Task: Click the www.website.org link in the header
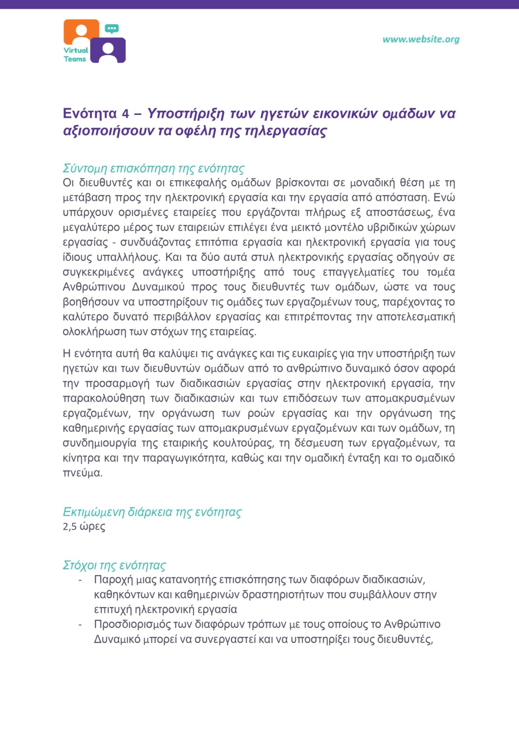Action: (x=421, y=39)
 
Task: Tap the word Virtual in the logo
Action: (x=76, y=50)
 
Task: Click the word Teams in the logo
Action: (x=75, y=59)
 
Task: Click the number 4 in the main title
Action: (x=125, y=114)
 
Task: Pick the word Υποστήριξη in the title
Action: (x=185, y=114)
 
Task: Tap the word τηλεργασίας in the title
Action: (x=286, y=131)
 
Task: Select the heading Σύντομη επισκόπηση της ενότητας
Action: (x=154, y=168)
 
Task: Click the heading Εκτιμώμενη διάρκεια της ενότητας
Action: (x=152, y=512)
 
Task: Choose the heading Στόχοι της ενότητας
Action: (x=114, y=565)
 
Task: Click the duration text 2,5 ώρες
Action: (x=84, y=526)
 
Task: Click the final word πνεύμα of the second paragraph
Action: (x=83, y=473)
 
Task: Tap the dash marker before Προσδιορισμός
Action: (x=80, y=624)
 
